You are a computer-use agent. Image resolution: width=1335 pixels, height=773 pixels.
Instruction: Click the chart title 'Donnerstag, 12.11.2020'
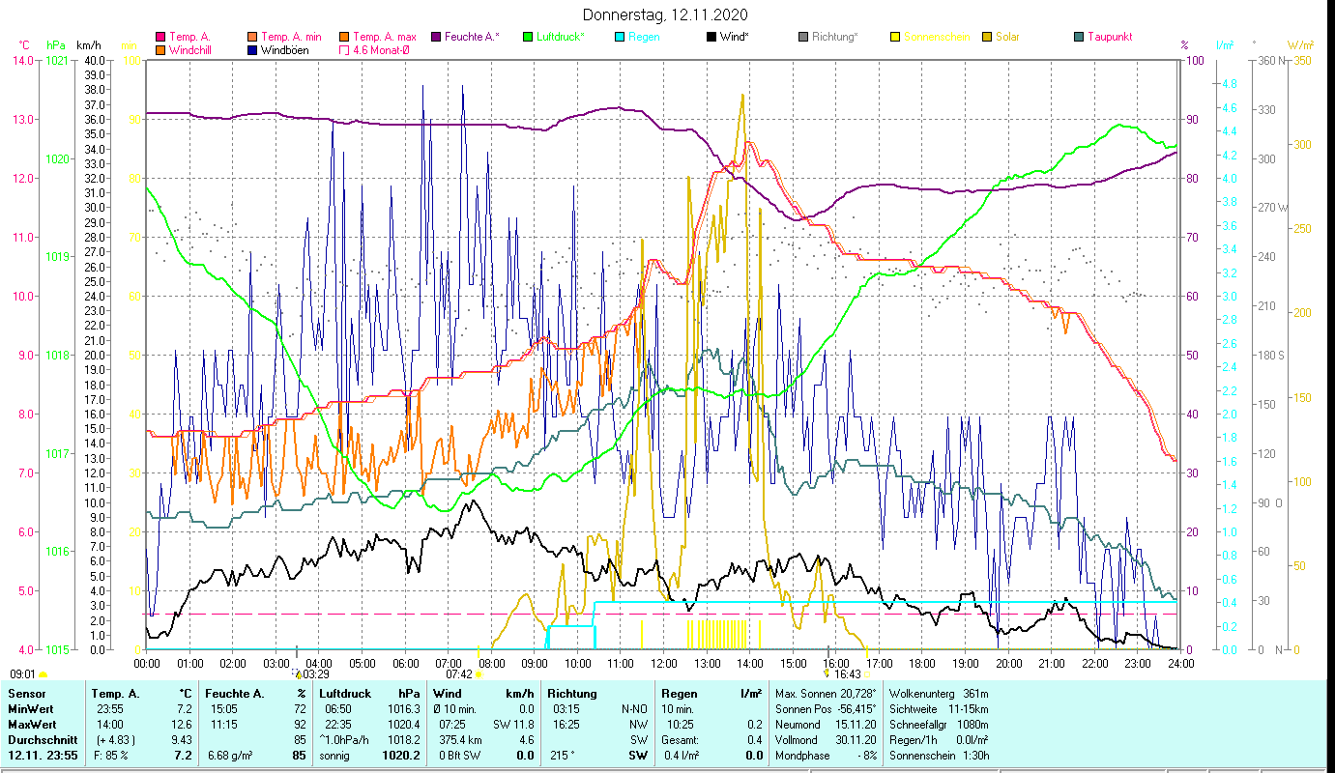[666, 15]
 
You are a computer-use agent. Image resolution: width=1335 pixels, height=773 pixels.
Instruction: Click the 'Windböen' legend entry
[284, 50]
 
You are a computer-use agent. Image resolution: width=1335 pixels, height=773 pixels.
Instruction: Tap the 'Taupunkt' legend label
[1109, 37]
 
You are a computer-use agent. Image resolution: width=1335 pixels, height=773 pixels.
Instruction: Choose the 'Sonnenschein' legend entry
[937, 37]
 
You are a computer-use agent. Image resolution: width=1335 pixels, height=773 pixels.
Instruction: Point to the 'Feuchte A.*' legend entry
[471, 37]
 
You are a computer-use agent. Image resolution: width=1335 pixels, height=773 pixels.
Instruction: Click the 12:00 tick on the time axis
[664, 663]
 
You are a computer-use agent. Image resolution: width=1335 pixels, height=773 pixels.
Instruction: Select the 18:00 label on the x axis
[922, 663]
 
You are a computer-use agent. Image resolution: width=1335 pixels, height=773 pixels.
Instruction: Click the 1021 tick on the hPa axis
[57, 60]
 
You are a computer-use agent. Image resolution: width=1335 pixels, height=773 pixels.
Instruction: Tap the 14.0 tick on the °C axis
[22, 60]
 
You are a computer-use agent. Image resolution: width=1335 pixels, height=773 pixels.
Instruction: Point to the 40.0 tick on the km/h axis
[95, 60]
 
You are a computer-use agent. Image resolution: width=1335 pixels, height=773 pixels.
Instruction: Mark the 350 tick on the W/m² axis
[1301, 60]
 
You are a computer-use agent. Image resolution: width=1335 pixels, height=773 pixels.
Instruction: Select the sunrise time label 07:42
[459, 674]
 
